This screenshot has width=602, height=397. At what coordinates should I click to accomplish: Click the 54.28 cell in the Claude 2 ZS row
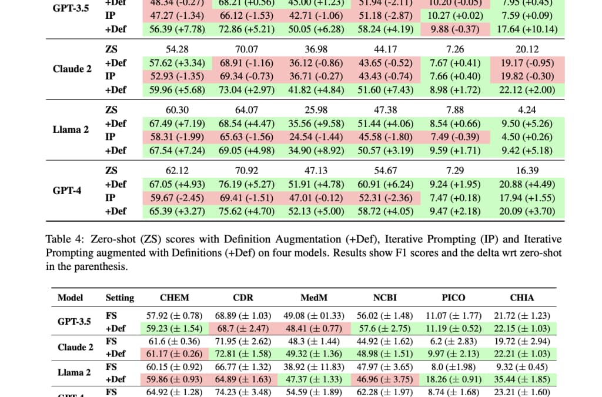173,49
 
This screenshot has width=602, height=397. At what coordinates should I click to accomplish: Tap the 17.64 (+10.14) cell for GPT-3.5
526,29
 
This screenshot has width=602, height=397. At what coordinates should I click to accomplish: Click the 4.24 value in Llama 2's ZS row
526,110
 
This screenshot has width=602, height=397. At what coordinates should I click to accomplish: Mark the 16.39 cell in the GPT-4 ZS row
526,171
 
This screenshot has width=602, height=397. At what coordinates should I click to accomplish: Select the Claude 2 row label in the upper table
72,69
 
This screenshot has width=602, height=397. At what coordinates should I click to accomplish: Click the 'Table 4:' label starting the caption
64,239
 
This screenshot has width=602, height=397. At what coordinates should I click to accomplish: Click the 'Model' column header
70,298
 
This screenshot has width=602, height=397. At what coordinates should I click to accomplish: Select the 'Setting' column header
120,298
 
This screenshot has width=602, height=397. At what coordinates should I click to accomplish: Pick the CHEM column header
174,298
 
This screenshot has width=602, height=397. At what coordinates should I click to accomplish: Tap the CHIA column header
522,298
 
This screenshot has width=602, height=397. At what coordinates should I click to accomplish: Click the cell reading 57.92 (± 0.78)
174,316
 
